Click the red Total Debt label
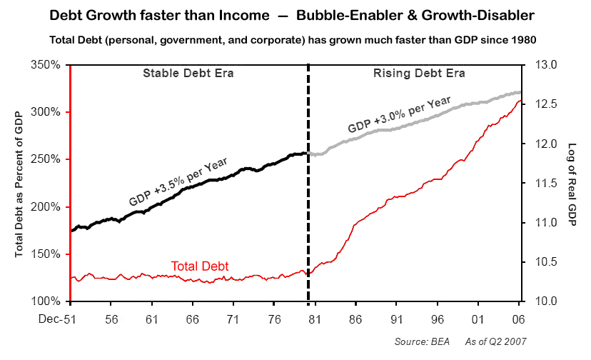(200, 266)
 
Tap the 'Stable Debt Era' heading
(188, 74)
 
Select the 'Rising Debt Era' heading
(420, 74)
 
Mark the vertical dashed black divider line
(308, 214)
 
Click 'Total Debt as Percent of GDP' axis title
(19, 183)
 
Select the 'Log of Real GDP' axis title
(572, 183)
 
